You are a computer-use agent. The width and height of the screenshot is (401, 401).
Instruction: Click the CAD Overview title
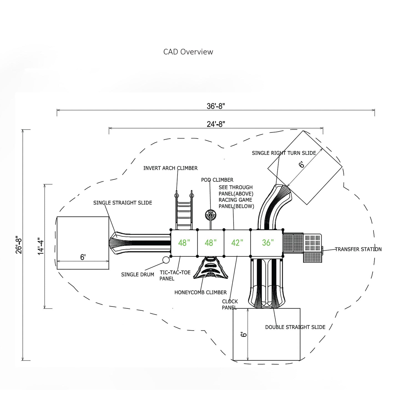(188, 52)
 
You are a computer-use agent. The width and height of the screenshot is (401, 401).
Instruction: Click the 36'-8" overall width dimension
(216, 106)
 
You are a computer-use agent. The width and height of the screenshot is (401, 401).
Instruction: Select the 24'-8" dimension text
(216, 124)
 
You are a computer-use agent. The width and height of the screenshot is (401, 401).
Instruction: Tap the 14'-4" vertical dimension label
(41, 246)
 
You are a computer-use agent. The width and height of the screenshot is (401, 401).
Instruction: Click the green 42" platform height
(237, 243)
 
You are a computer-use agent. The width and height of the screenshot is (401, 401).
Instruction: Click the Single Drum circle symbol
(166, 260)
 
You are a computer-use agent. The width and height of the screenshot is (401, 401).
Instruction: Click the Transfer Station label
(358, 249)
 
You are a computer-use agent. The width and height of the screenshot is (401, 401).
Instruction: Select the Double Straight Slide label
(295, 327)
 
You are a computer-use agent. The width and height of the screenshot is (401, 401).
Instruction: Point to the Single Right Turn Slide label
(284, 153)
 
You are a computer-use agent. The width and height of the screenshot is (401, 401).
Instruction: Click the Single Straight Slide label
(123, 203)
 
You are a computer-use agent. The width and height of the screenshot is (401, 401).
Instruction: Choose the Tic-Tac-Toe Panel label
(175, 276)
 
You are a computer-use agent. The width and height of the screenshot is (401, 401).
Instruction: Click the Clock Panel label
(230, 304)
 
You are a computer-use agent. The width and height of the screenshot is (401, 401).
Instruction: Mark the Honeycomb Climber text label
(200, 292)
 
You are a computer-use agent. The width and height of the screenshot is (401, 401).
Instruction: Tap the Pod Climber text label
(217, 180)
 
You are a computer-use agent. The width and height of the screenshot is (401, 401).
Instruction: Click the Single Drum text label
(137, 275)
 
